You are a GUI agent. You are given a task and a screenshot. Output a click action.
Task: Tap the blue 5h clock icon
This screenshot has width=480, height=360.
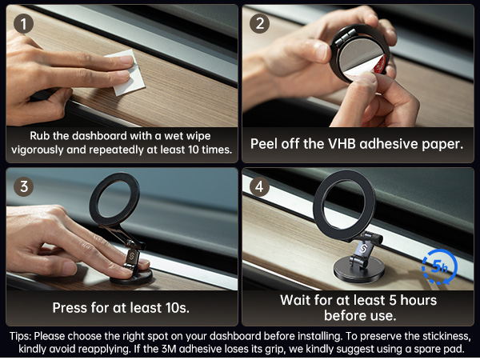click(x=438, y=267)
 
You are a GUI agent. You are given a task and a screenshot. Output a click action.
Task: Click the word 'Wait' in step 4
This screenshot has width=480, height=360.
click(x=298, y=300)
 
